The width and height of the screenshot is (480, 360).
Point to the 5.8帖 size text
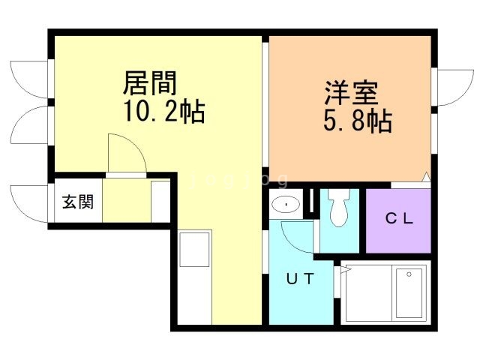(358, 121)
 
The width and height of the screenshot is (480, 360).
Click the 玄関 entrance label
(77, 202)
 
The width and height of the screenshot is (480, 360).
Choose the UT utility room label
(299, 278)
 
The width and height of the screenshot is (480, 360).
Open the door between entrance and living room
(124, 155)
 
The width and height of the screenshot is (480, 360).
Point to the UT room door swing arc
(295, 237)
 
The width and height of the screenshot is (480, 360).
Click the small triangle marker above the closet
(425, 178)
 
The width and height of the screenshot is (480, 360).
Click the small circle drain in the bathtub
(409, 274)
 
